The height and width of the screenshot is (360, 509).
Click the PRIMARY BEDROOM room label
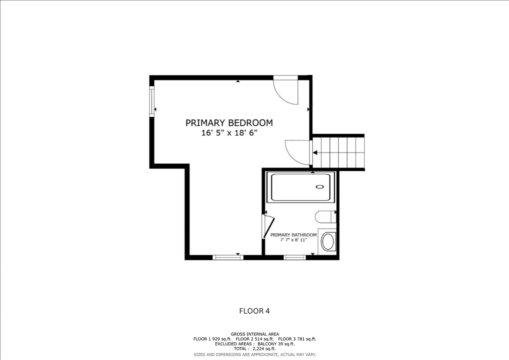229,123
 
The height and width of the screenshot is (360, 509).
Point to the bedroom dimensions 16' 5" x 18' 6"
229,133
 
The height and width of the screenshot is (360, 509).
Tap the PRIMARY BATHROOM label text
293,235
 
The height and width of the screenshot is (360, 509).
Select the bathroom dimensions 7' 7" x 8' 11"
293,240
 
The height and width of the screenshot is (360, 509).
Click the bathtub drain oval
320,187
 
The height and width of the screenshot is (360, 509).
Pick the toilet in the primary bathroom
325,217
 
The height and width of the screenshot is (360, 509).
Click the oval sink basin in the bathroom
328,242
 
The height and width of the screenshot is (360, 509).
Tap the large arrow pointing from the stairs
315,153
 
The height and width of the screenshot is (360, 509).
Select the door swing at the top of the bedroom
285,92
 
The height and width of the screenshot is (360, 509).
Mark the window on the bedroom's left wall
152,101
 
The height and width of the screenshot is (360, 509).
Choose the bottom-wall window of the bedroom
228,257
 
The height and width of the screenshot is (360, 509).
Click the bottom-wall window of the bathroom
294,257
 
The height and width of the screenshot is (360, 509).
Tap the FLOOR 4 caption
254,311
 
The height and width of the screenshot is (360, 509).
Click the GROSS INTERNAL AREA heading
255,334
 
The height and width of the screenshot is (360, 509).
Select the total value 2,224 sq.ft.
264,349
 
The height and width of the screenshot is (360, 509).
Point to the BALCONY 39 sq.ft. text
276,344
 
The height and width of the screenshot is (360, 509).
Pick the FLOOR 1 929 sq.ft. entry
212,339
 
